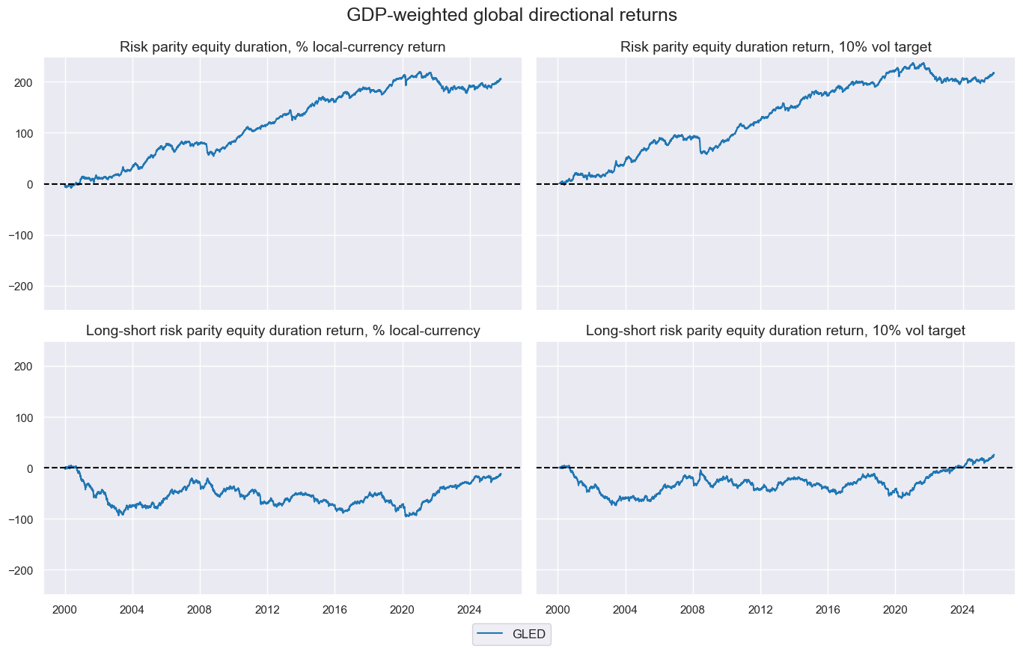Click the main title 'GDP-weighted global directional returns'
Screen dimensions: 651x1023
click(x=511, y=15)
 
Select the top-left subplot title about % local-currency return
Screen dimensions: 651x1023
click(x=283, y=47)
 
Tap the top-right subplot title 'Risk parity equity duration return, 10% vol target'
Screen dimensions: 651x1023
click(x=775, y=47)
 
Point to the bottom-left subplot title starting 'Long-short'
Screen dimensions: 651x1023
click(x=283, y=330)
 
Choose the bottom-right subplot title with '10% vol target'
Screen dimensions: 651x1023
click(x=775, y=330)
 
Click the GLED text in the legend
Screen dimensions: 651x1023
click(x=528, y=635)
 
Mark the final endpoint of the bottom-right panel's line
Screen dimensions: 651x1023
click(x=994, y=454)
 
